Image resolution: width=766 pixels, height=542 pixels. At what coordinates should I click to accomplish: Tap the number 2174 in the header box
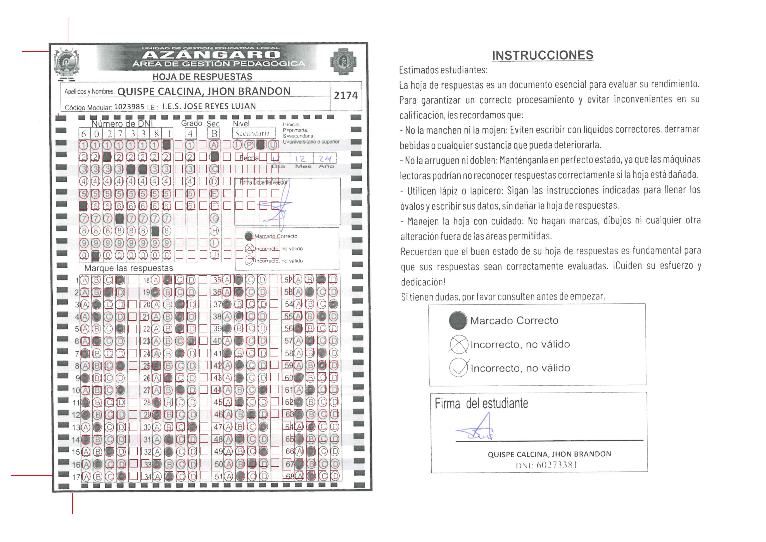(345, 96)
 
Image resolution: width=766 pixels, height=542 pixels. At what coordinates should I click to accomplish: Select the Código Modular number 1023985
(129, 107)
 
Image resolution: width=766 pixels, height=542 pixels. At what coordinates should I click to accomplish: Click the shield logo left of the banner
(66, 63)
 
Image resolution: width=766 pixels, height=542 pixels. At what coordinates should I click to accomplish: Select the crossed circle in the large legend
(459, 344)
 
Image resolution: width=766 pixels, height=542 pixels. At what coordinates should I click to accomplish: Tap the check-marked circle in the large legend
(459, 367)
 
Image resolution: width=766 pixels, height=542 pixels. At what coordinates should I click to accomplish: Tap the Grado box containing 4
(190, 134)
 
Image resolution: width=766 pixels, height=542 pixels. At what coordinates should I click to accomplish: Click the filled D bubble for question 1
(120, 280)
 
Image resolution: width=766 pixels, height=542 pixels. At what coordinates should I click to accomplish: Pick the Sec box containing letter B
(214, 134)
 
